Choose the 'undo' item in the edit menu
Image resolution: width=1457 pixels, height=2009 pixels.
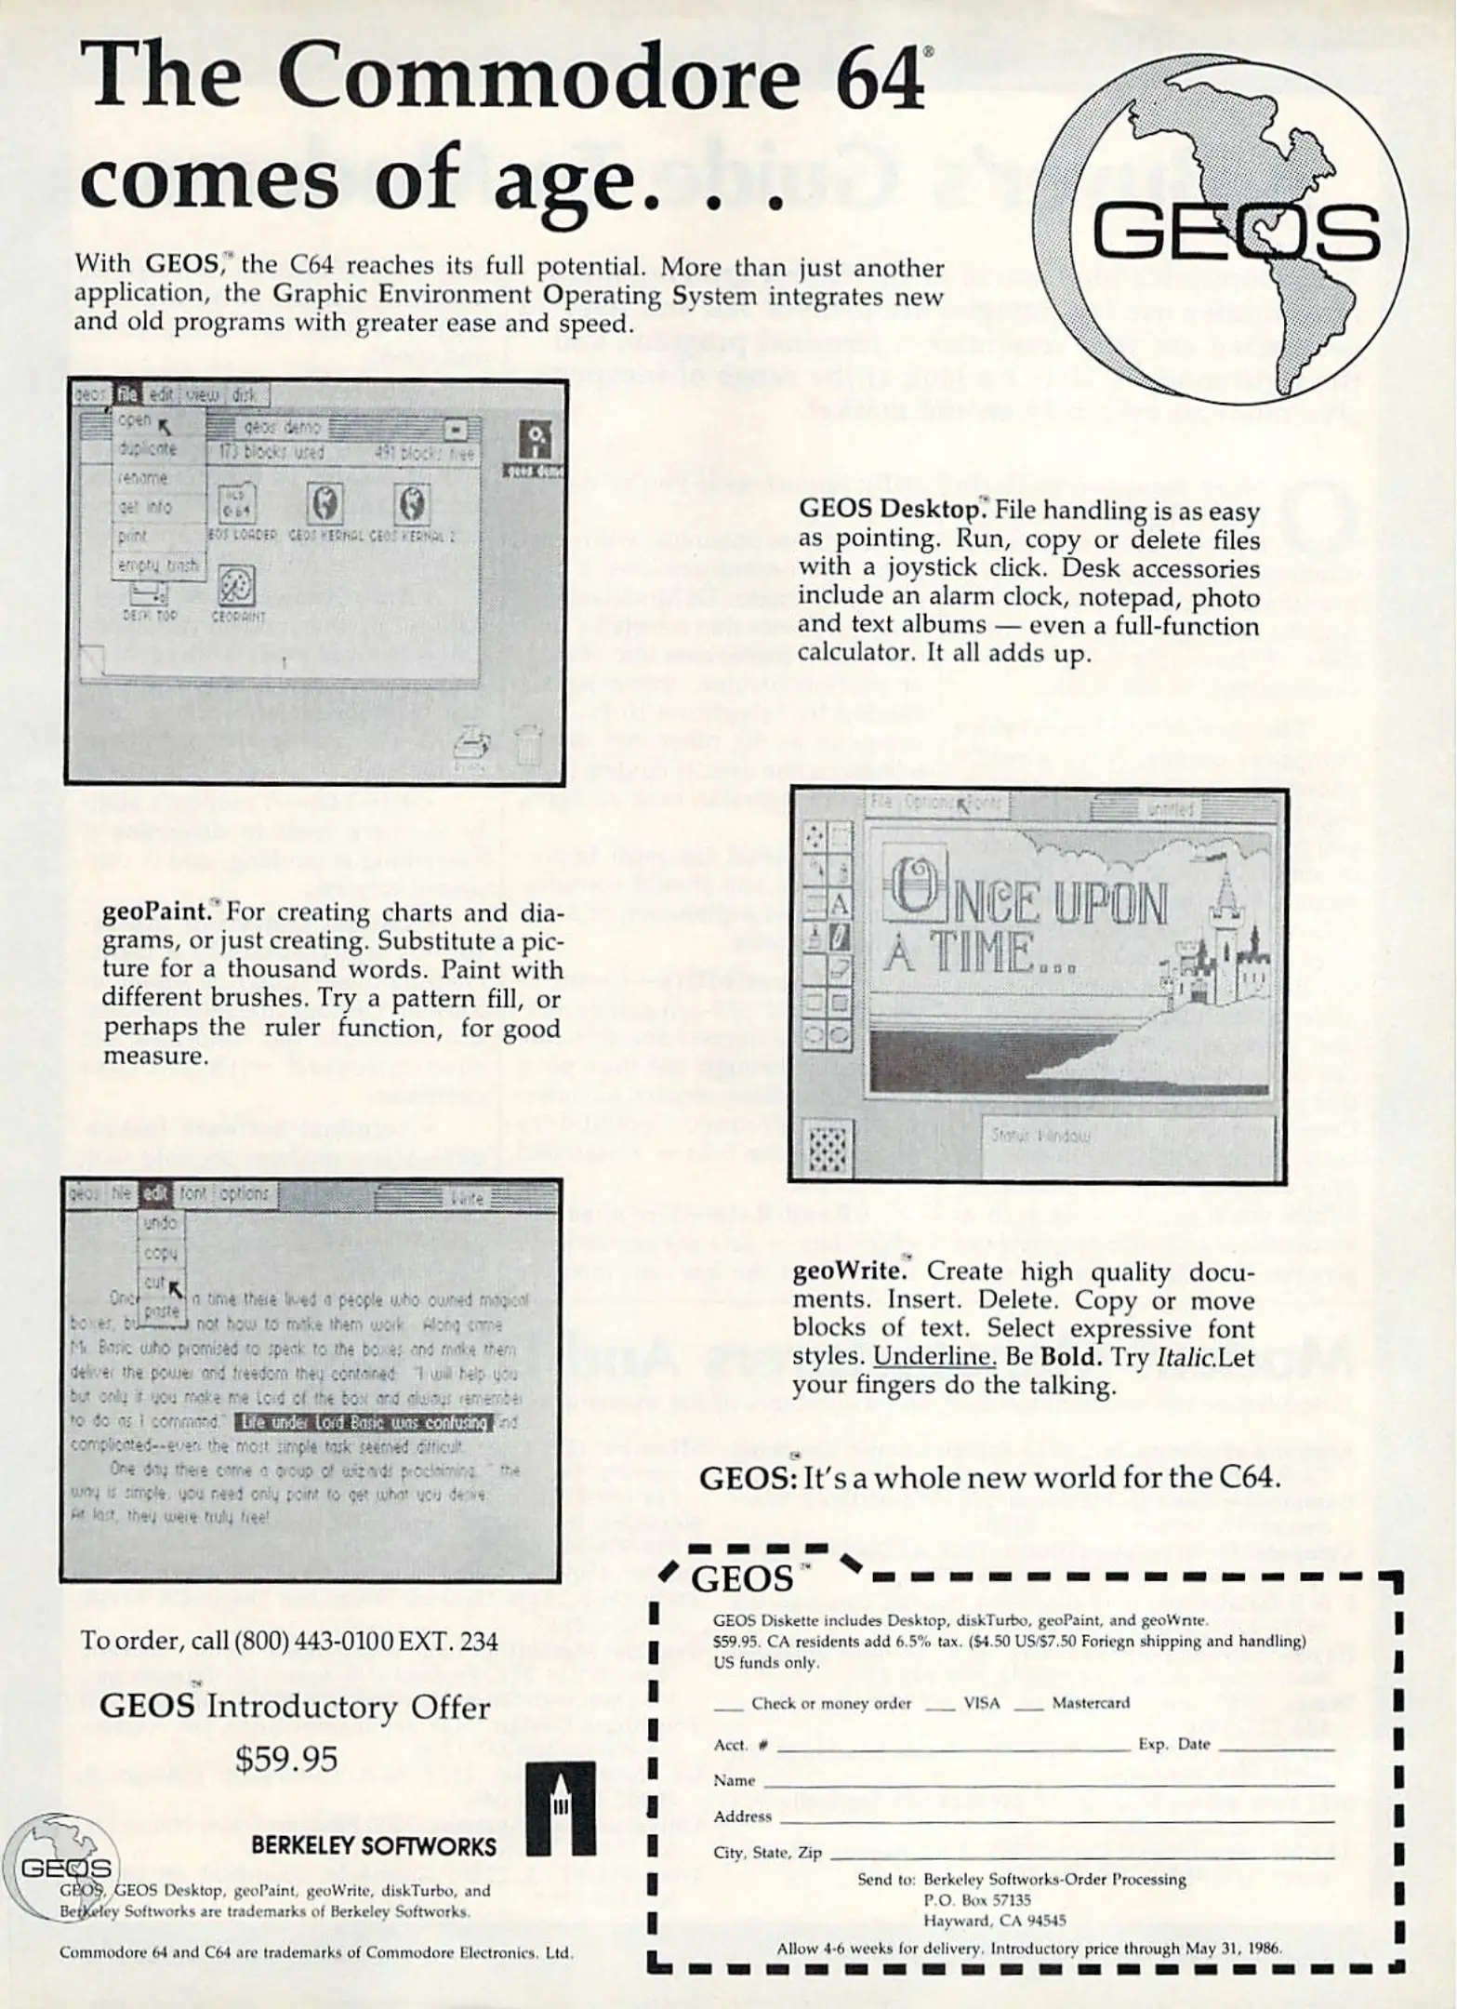coord(161,1223)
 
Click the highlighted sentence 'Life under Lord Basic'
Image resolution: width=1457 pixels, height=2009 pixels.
coord(363,1423)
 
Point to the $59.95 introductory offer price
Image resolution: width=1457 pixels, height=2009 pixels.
coord(286,1759)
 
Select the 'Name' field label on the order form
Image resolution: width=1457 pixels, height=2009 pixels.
coord(735,1780)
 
